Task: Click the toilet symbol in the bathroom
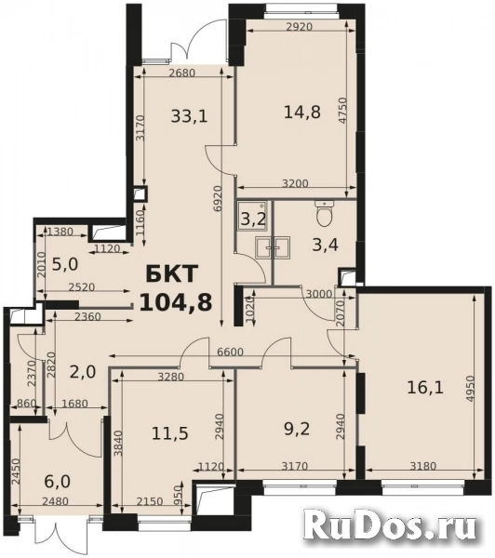click(x=325, y=213)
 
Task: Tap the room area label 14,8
click(x=302, y=113)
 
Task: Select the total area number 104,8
click(x=176, y=302)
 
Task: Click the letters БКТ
click(x=171, y=274)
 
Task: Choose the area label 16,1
click(x=425, y=387)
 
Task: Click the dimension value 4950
click(x=470, y=389)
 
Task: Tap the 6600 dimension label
click(x=230, y=352)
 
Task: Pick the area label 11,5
click(x=170, y=433)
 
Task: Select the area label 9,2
click(x=297, y=429)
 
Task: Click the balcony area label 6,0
click(x=58, y=482)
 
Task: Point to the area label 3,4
click(x=325, y=245)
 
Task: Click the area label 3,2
click(x=253, y=219)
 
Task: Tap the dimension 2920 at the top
click(x=299, y=27)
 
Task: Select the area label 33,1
click(x=189, y=116)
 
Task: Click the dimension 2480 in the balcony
click(x=55, y=501)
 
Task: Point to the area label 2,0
click(x=83, y=372)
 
